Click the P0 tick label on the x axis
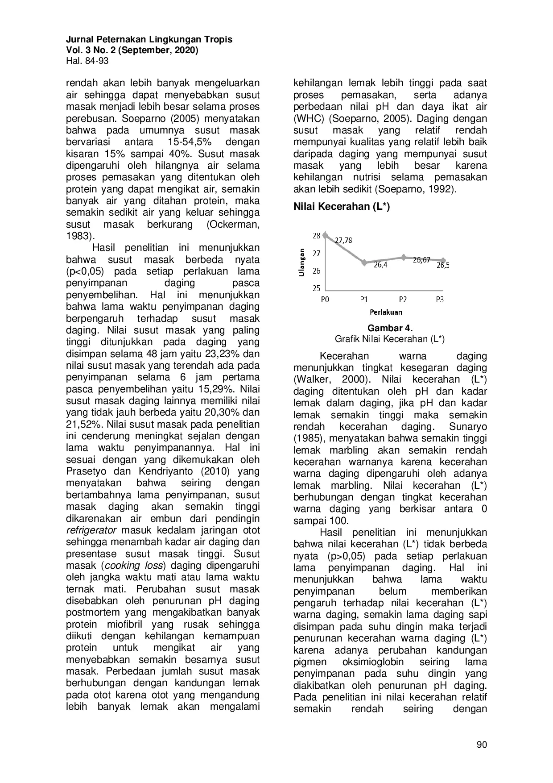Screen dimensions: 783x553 click(325, 300)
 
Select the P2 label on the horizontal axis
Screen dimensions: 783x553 click(402, 300)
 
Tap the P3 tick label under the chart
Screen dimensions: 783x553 click(440, 300)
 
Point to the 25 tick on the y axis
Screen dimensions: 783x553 click(316, 288)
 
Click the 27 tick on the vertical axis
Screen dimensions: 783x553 click(316, 254)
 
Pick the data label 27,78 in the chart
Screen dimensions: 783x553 click(343, 240)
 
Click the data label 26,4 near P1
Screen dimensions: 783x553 click(380, 265)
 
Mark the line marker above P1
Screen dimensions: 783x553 click(364, 262)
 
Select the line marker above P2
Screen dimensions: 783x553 click(403, 257)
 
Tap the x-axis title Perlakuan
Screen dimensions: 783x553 click(386, 312)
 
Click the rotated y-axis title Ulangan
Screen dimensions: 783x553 click(302, 262)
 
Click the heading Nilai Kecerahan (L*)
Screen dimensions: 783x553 click(341, 207)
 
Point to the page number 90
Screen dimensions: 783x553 click(482, 745)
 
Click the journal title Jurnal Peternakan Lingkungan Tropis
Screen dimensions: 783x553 click(149, 39)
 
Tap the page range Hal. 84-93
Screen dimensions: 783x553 click(87, 61)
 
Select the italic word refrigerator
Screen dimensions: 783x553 click(91, 530)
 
